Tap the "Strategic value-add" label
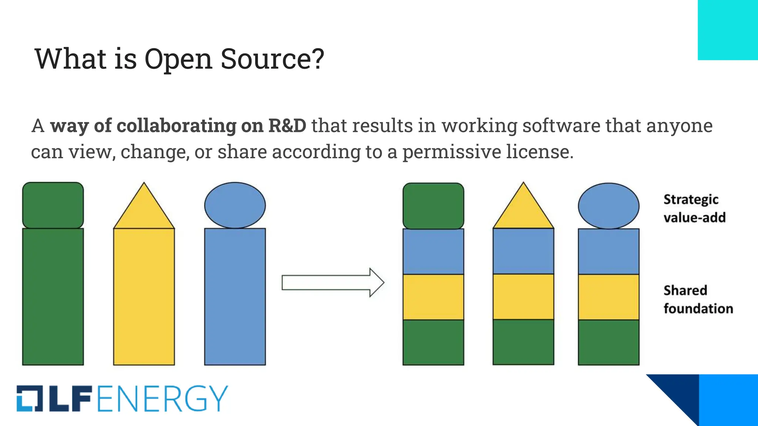point(694,209)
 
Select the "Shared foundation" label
point(698,300)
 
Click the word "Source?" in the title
point(272,59)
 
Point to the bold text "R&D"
point(287,126)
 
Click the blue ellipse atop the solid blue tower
point(235,205)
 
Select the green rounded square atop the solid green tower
point(53,205)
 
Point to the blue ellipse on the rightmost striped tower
point(608,206)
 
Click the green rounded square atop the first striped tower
point(433,206)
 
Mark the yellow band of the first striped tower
point(433,297)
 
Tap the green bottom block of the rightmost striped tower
point(608,342)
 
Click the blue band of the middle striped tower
point(523,251)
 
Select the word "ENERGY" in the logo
point(163,399)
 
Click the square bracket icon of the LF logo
point(30,399)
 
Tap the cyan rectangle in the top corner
point(728,30)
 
